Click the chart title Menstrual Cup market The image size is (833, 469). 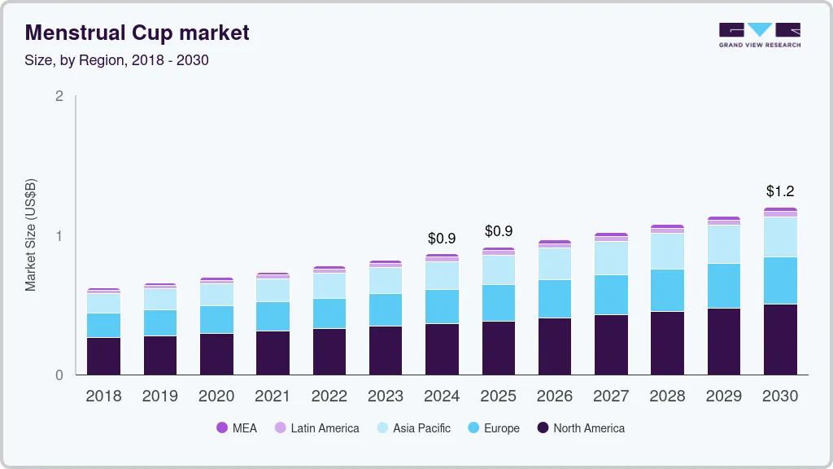point(137,33)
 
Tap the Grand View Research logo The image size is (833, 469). point(759,35)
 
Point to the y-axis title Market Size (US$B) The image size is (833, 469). point(31,234)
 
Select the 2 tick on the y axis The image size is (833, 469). point(59,96)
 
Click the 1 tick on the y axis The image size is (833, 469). point(59,236)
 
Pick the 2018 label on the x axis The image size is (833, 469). point(103,397)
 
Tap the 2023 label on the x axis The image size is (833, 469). point(386,397)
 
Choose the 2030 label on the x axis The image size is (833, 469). point(780,397)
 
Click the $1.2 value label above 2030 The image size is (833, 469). point(780,191)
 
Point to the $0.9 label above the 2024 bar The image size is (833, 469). point(442,239)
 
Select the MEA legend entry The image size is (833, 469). point(236,428)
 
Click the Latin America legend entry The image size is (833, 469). point(316,428)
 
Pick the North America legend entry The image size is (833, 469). point(581,428)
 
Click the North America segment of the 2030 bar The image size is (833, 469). point(780,340)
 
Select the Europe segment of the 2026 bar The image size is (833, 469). point(555,299)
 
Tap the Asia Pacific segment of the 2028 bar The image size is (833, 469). point(667,251)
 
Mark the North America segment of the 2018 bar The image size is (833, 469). point(103,356)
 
